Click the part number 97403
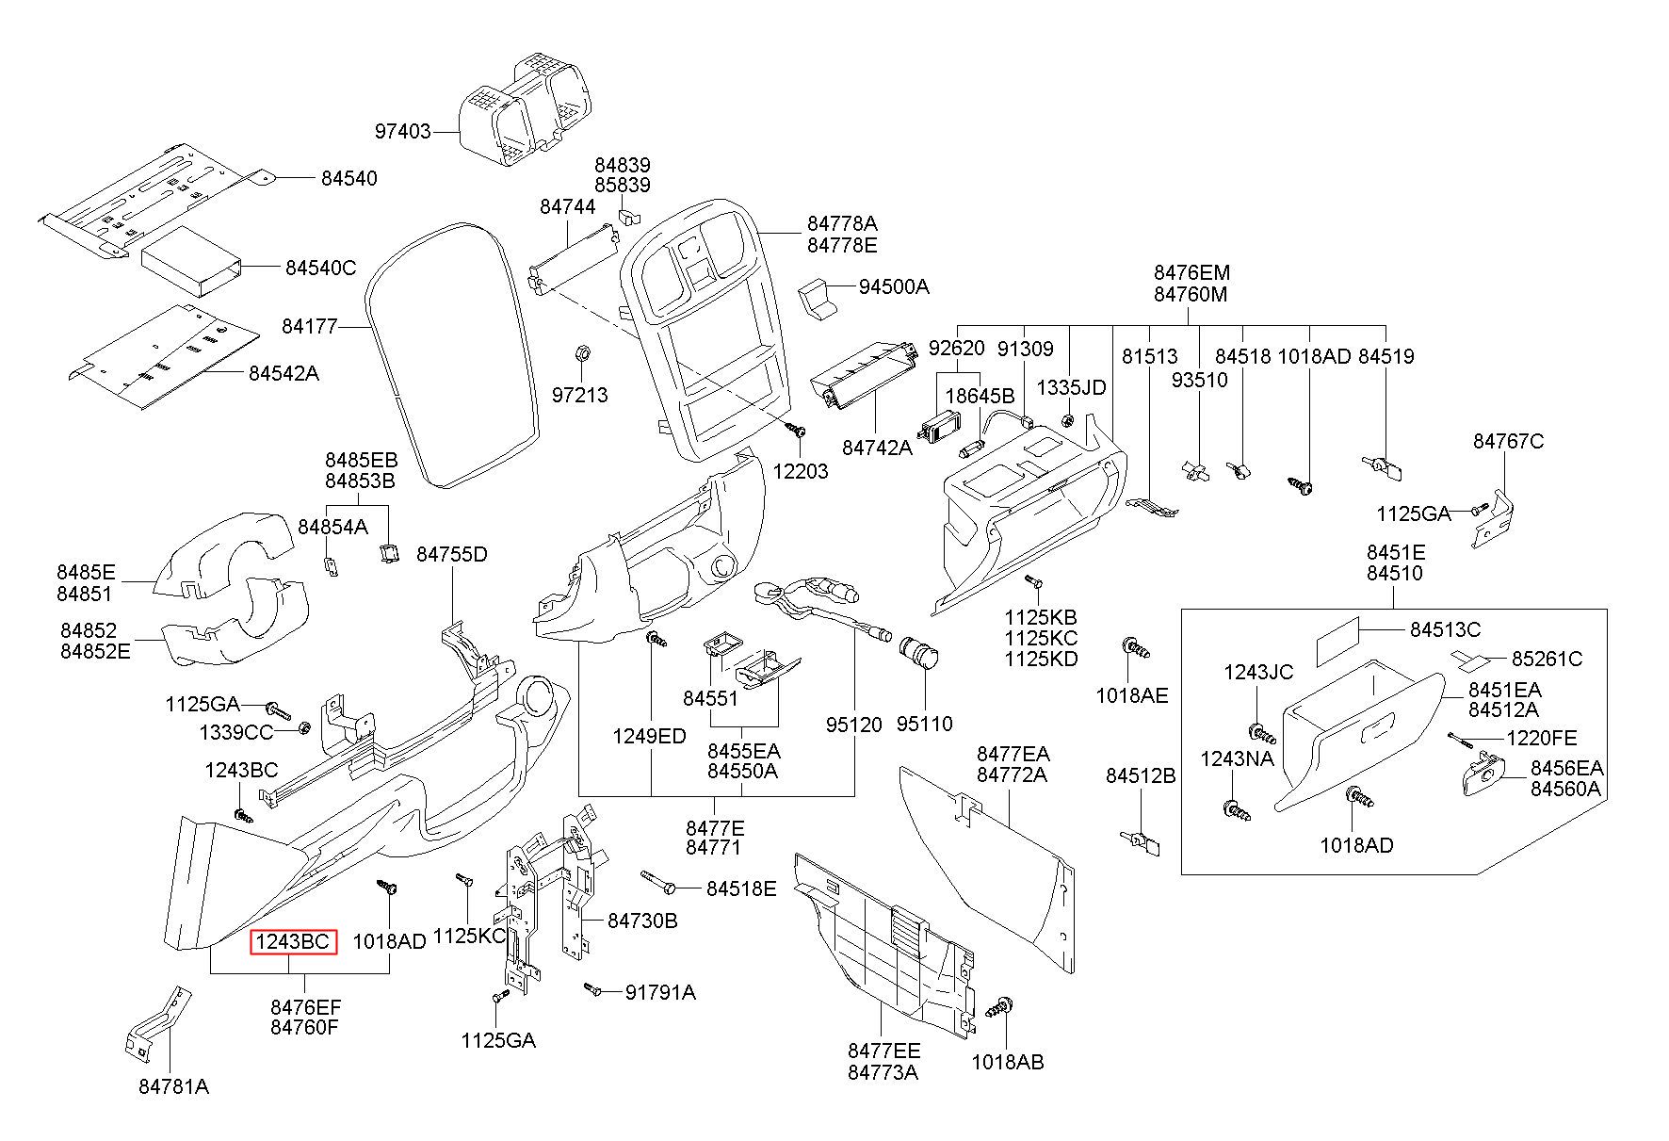(402, 132)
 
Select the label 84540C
(321, 269)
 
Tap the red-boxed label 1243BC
(292, 941)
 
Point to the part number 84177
(309, 327)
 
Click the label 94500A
(894, 286)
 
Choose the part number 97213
(579, 395)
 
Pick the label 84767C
(1509, 441)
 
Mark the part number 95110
(924, 724)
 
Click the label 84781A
(174, 1086)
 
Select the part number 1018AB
(1008, 1062)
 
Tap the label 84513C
(1445, 629)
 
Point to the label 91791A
(661, 991)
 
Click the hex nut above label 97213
(581, 353)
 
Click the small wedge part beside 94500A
(817, 297)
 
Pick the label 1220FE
(1542, 738)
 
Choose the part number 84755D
(452, 554)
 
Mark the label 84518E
(742, 888)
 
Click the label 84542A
(284, 373)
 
